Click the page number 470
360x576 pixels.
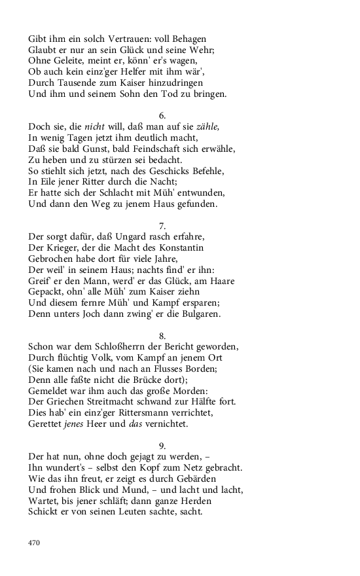point(35,543)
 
